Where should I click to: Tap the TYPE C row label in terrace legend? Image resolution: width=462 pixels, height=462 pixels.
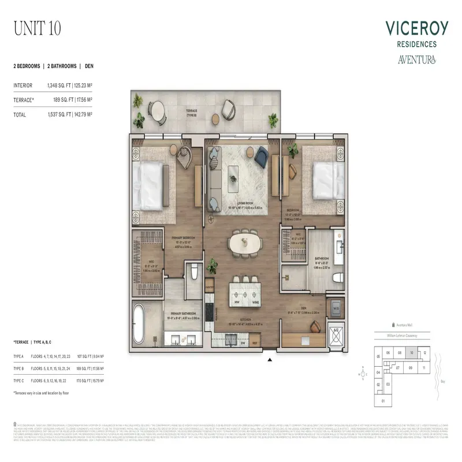(x=20, y=382)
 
